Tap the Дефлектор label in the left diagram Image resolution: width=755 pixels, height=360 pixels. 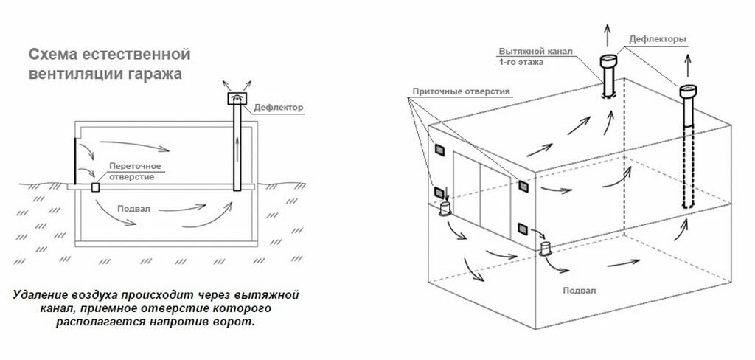(x=277, y=107)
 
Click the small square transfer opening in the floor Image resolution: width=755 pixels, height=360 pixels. (x=95, y=188)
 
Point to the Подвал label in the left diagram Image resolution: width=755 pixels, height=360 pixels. (x=138, y=209)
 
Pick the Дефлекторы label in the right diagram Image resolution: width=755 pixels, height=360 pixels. (x=659, y=38)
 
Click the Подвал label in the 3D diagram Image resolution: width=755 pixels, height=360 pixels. (x=577, y=290)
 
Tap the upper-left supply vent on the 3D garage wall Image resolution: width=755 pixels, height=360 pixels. (x=438, y=150)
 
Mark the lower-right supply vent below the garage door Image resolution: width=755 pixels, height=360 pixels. (x=522, y=228)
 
